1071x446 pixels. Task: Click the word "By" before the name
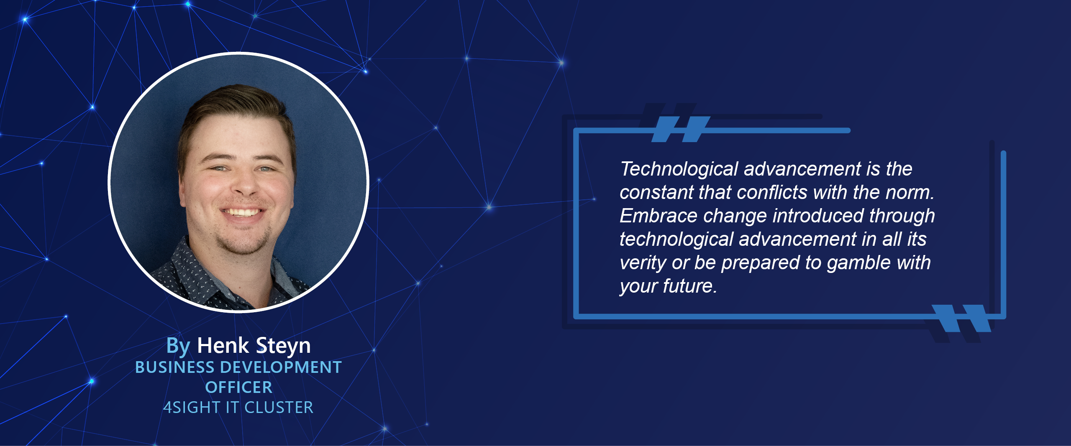click(178, 346)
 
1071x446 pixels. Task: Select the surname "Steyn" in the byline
click(283, 346)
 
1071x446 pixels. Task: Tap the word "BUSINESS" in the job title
click(174, 367)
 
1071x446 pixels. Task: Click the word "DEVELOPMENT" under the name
click(281, 367)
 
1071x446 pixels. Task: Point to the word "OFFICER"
click(238, 387)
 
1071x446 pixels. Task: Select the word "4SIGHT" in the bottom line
click(192, 408)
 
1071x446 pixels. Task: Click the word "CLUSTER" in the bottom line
click(279, 408)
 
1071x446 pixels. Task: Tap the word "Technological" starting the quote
click(679, 169)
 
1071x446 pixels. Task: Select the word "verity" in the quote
click(643, 263)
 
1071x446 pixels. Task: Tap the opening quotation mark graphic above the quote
click(681, 129)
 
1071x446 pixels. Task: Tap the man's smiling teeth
click(243, 212)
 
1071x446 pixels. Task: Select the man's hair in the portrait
click(234, 104)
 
